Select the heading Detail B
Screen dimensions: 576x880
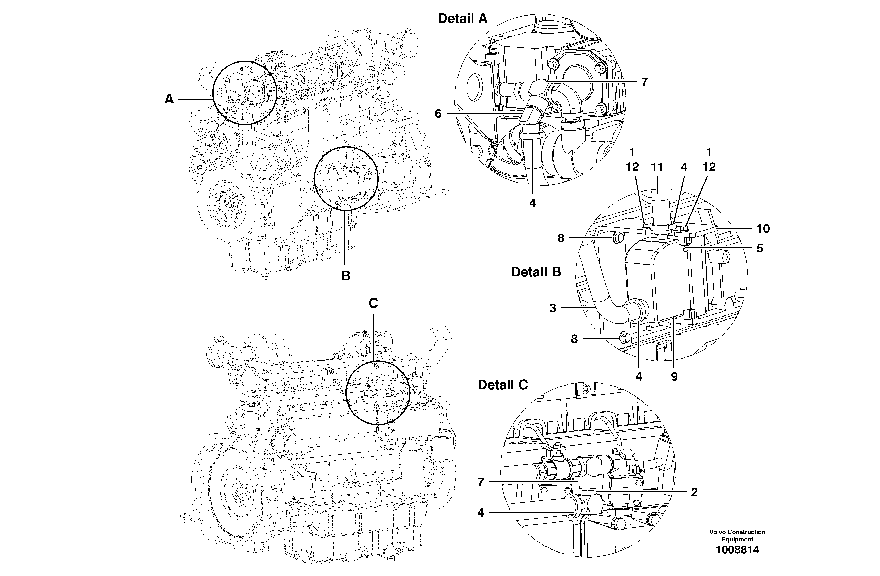[536, 272]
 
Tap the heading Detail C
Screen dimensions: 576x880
[502, 385]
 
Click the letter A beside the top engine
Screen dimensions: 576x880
[169, 99]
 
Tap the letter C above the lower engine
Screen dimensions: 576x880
[373, 303]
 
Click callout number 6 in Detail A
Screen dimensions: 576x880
[438, 113]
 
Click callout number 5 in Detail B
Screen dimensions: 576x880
[760, 248]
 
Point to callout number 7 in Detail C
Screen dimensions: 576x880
[481, 482]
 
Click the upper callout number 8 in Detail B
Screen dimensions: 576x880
[561, 238]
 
